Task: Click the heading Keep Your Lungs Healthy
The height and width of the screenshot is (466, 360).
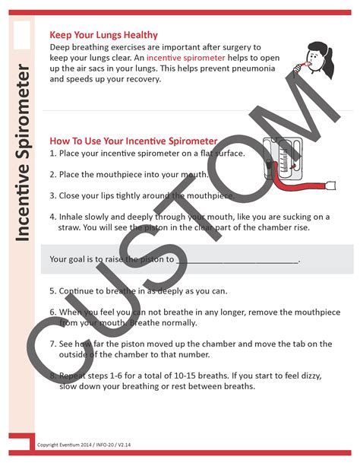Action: (103, 35)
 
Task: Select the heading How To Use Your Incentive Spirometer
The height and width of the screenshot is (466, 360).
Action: (133, 141)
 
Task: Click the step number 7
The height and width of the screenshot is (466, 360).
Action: (52, 344)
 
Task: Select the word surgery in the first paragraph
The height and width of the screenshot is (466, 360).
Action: (239, 46)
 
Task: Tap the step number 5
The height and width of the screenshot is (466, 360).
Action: (52, 291)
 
